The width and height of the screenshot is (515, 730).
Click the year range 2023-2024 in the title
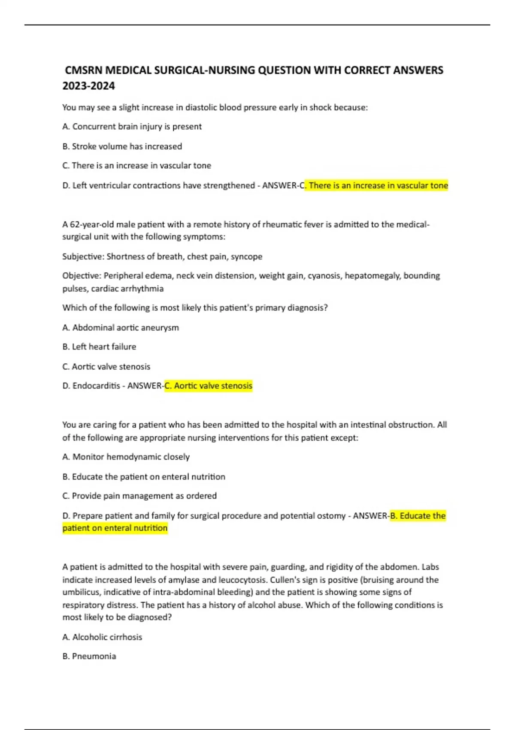coord(88,86)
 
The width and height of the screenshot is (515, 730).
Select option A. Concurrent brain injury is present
coord(132,127)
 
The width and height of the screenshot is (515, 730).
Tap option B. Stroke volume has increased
coord(122,146)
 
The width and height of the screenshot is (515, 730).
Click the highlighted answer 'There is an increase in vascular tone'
coord(378,186)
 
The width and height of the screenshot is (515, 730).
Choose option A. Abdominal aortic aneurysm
coord(120,328)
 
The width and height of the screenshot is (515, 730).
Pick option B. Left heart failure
coord(99,347)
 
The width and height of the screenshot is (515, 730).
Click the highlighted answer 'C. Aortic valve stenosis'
coord(209,386)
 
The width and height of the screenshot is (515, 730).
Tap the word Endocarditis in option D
coord(96,386)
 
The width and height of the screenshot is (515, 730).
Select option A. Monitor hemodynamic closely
coord(126,457)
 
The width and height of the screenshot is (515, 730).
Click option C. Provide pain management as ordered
coord(139,496)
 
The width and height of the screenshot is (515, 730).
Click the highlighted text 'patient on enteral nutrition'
coord(115,528)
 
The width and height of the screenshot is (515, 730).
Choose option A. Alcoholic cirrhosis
coord(102,637)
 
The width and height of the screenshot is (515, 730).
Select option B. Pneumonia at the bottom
coord(89,656)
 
